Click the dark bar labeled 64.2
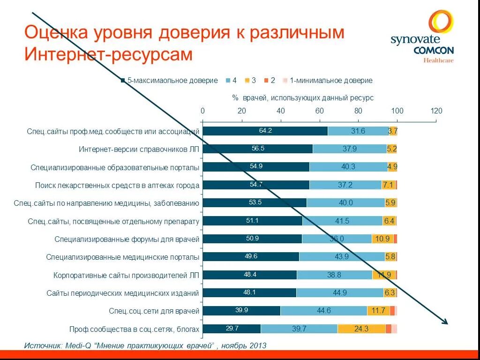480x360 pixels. point(265,131)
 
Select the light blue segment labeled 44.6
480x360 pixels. point(323,311)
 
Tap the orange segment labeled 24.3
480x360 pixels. point(361,329)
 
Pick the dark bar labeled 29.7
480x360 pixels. point(232,329)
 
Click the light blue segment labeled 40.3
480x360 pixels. point(348,167)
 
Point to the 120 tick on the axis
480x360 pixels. point(436,111)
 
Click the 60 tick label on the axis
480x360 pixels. point(319,111)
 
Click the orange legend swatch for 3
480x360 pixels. point(247,81)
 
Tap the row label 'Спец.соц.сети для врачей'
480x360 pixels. point(154,311)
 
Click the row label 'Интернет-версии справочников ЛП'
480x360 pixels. point(139,150)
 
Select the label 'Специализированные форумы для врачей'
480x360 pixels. point(127,239)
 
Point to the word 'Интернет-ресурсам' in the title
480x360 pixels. point(108,54)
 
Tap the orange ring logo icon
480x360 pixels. point(441,23)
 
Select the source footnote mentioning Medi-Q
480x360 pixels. point(145,345)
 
